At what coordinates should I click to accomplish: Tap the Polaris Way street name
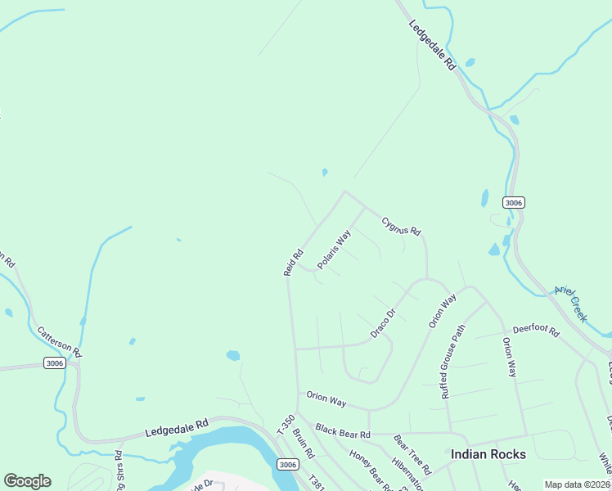(334, 250)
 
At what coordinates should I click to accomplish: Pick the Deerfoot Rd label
(536, 331)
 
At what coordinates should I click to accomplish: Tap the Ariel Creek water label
(571, 302)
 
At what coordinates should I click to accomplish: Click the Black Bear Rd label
(343, 430)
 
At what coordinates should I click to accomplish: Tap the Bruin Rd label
(304, 443)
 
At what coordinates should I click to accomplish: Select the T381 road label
(317, 482)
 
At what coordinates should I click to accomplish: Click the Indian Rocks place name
(488, 453)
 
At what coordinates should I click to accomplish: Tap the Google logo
(27, 481)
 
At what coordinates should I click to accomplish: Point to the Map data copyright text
(577, 484)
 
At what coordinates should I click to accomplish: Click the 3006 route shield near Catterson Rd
(54, 363)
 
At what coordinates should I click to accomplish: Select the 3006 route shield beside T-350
(287, 465)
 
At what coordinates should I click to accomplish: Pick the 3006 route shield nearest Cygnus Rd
(514, 202)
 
